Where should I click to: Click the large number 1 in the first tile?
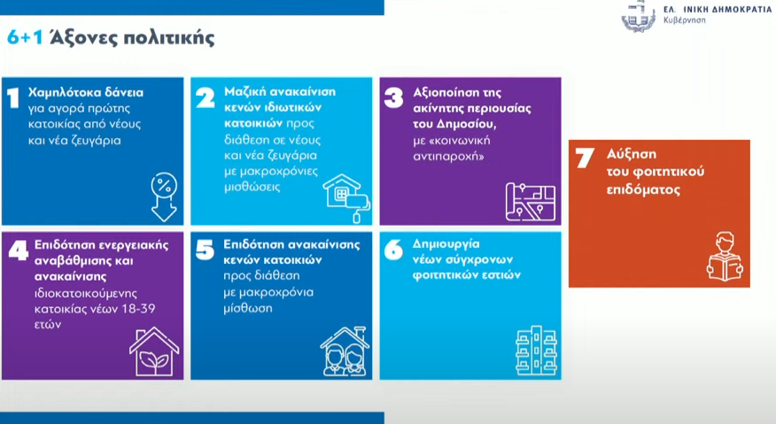tap(13, 97)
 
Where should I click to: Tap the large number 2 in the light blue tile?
tap(206, 97)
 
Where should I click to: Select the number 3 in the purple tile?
tap(394, 97)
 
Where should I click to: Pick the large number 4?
tap(19, 251)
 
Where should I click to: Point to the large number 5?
tap(205, 250)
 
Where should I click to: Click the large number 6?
tap(394, 250)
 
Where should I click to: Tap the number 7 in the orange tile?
tap(585, 158)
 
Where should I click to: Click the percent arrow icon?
tap(164, 197)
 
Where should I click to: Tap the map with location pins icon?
tap(530, 202)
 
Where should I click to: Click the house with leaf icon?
tap(154, 351)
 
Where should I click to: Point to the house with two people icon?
tap(345, 351)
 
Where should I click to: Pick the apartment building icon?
tap(536, 351)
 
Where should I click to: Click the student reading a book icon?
tap(725, 257)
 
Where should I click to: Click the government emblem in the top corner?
tap(639, 16)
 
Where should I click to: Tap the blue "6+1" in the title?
tap(25, 37)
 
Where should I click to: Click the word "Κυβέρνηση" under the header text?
tap(685, 20)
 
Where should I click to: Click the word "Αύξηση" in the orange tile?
tap(632, 154)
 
